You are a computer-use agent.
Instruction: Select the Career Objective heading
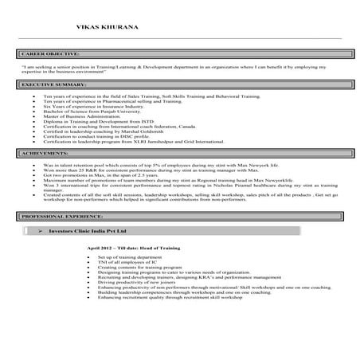(x=48, y=53)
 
